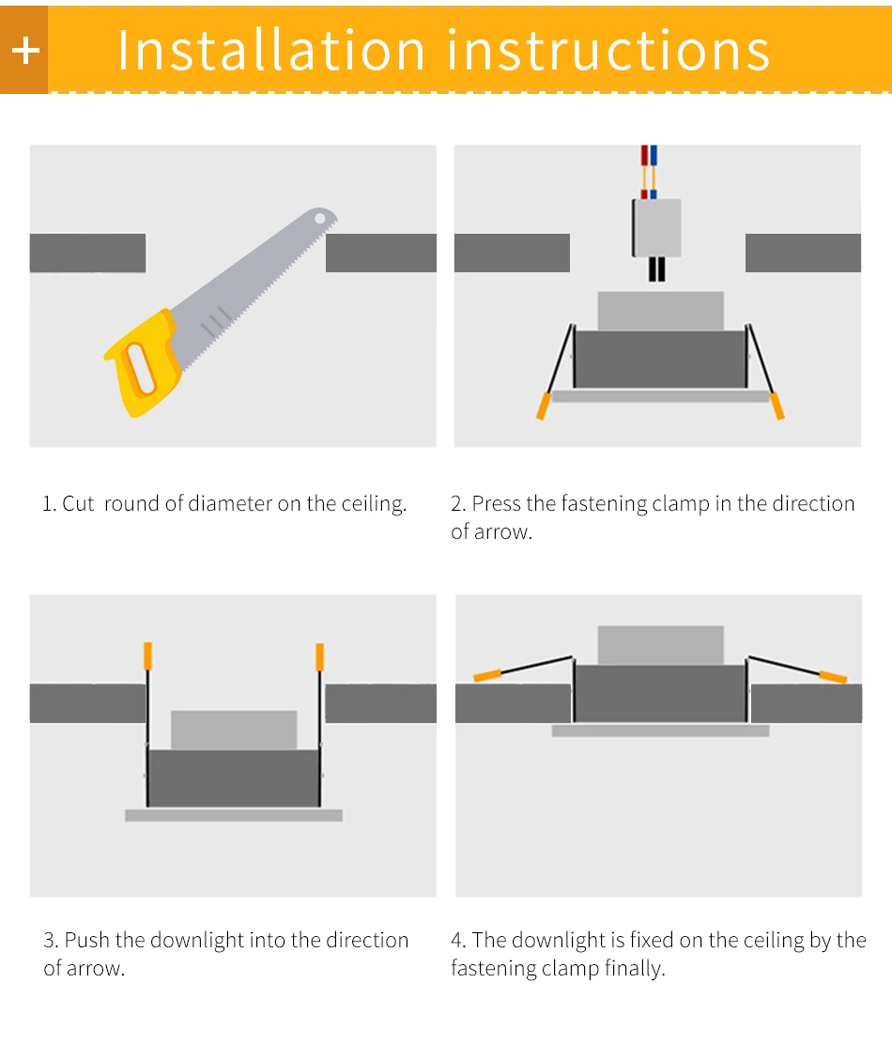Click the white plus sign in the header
point(26,51)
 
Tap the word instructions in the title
point(608,51)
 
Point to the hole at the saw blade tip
point(320,219)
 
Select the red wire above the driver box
point(644,172)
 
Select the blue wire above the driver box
point(654,172)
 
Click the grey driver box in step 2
point(656,228)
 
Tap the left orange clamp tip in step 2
point(544,406)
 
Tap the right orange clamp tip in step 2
point(777,406)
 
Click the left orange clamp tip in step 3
point(147,656)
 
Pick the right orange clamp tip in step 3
point(319,656)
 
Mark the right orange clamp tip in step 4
point(833,677)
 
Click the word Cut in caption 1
point(78,503)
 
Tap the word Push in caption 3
point(86,940)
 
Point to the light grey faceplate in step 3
point(234,815)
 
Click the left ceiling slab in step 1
point(88,253)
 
